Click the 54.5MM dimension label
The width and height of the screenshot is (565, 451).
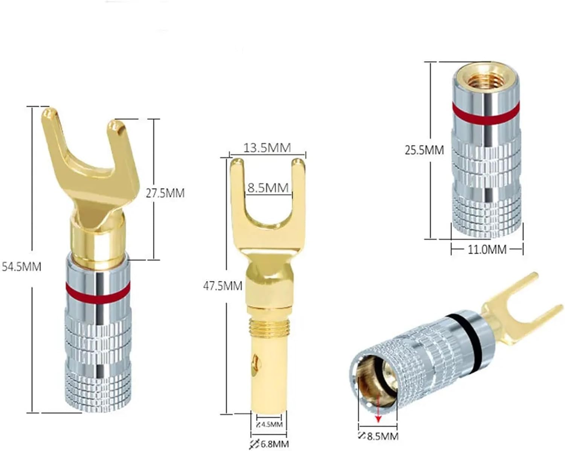(x=21, y=267)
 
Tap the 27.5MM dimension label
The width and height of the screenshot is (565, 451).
(x=165, y=194)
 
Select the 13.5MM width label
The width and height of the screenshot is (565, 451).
(x=267, y=148)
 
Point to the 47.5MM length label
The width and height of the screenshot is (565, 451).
(x=223, y=286)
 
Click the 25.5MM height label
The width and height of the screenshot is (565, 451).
(x=424, y=150)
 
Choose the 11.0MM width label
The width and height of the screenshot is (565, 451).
(x=487, y=249)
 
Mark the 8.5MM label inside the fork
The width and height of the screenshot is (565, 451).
(x=268, y=187)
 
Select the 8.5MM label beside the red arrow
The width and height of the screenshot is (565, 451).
(x=382, y=436)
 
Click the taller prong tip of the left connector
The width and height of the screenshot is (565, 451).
(x=49, y=113)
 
